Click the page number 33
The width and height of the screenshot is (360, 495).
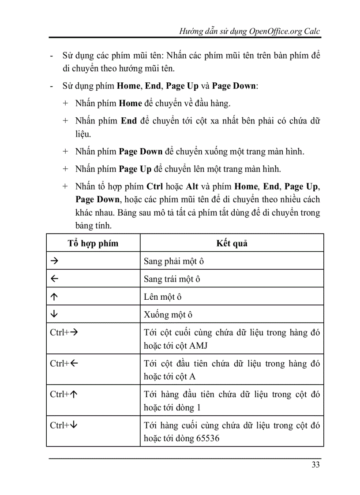[315, 465]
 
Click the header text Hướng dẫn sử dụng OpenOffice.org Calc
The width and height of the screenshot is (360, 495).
[250, 32]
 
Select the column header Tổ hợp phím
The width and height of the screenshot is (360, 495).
[93, 243]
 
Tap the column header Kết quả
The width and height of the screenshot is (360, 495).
[232, 243]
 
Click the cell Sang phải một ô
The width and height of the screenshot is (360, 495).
[174, 261]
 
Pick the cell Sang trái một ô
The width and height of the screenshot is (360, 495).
[172, 279]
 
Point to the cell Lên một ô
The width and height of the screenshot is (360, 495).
[163, 297]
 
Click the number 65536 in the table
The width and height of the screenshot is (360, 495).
[206, 439]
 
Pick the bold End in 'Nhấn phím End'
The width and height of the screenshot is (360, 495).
[128, 121]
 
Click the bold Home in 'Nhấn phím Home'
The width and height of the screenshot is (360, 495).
[130, 104]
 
